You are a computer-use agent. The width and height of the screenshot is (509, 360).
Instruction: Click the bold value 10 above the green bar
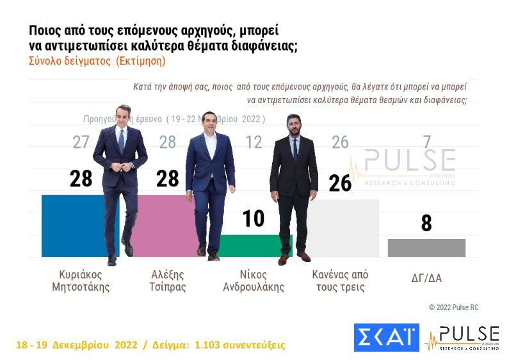pyautogui.click(x=254, y=218)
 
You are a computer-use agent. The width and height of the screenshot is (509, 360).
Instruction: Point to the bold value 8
pyautogui.click(x=426, y=224)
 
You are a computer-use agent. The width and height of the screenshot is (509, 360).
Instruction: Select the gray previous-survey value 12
pyautogui.click(x=254, y=142)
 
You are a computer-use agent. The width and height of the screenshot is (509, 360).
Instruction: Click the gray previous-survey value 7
pyautogui.click(x=427, y=142)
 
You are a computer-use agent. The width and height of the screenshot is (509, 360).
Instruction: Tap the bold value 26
pyautogui.click(x=340, y=183)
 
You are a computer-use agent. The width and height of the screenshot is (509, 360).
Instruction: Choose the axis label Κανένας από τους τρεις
pyautogui.click(x=340, y=281)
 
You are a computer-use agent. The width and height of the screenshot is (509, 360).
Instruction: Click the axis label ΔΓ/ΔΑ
pyautogui.click(x=426, y=279)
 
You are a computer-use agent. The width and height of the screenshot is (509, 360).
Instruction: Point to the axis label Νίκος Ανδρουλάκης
pyautogui.click(x=254, y=281)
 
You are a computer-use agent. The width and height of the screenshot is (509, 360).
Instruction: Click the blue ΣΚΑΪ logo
pyautogui.click(x=386, y=338)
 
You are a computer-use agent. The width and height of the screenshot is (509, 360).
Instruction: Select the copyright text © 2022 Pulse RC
pyautogui.click(x=453, y=307)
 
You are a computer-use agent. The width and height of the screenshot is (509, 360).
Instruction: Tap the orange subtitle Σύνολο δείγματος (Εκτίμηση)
pyautogui.click(x=97, y=61)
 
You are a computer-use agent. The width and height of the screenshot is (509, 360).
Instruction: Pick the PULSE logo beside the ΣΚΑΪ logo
pyautogui.click(x=462, y=338)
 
